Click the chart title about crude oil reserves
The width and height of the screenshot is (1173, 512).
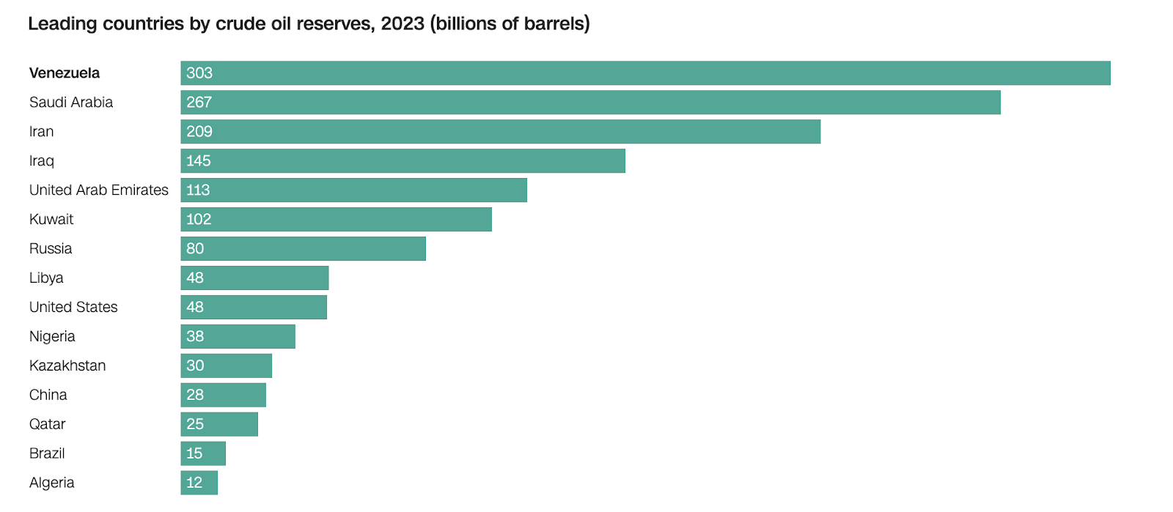click(x=308, y=23)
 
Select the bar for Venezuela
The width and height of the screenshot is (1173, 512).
click(x=645, y=73)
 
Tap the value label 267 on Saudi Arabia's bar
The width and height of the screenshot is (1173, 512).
click(x=199, y=103)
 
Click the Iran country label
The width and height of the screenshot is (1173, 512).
click(x=41, y=132)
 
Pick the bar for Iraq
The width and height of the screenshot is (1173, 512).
click(x=403, y=161)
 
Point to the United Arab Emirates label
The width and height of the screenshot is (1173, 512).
click(x=98, y=190)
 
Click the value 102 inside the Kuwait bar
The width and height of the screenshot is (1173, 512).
click(x=199, y=220)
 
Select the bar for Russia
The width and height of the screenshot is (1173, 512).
click(x=304, y=249)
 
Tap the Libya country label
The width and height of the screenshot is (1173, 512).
click(x=46, y=278)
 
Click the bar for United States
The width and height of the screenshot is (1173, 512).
click(x=254, y=308)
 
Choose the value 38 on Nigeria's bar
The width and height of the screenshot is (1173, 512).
click(x=195, y=337)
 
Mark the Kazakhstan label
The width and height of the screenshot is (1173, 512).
click(x=67, y=366)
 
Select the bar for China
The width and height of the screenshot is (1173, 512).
click(x=224, y=395)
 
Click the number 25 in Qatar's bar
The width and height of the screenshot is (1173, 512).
click(x=195, y=424)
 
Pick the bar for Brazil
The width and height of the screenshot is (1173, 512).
click(x=204, y=453)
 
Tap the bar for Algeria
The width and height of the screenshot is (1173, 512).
click(x=199, y=483)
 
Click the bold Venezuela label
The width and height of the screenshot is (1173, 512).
click(x=65, y=73)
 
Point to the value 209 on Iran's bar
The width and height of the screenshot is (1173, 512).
click(x=199, y=132)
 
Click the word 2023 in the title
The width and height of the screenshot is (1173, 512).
click(x=402, y=23)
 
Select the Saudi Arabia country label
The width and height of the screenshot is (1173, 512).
click(x=71, y=103)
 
